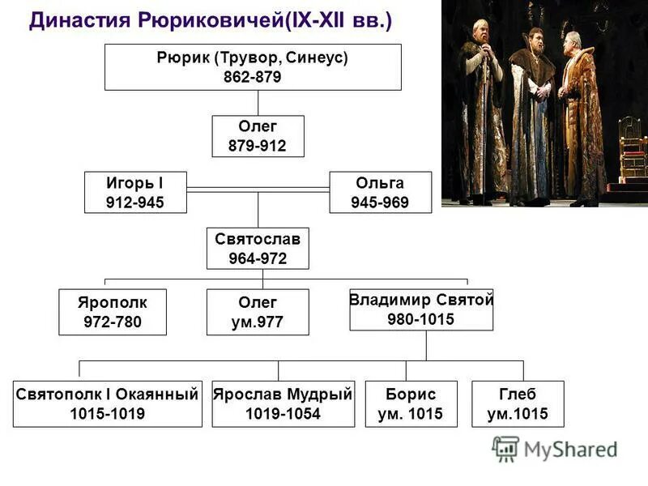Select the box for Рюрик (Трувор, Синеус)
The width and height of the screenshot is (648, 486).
coord(252,67)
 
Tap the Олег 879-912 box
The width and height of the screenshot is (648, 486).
coord(258,136)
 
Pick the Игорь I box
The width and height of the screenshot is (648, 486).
coord(135,192)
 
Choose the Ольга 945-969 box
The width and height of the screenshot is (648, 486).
coord(380,192)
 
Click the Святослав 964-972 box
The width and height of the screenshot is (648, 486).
coord(258,249)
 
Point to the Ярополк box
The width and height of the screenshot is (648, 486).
coord(113,312)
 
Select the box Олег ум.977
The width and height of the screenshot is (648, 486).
coord(258,312)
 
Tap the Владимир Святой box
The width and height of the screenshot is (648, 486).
coord(421,309)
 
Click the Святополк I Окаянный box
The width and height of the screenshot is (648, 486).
coord(107,403)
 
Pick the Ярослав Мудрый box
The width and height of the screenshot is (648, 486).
coord(283,403)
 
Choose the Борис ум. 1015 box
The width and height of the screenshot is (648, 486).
coord(411,403)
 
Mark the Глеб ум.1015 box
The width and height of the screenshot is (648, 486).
coord(518,403)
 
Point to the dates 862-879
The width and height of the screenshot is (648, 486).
coord(252,78)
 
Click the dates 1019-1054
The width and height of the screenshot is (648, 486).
coord(283,414)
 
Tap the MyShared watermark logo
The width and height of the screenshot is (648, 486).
coord(556,448)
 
